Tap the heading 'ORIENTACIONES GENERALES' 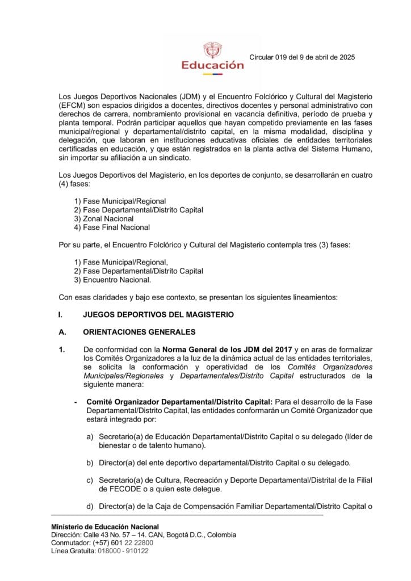tap(139, 332)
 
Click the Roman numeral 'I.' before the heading tap(61, 314)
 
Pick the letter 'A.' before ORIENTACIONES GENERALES tap(62, 332)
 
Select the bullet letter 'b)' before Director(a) tap(90, 462)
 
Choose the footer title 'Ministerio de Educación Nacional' tap(105, 527)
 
